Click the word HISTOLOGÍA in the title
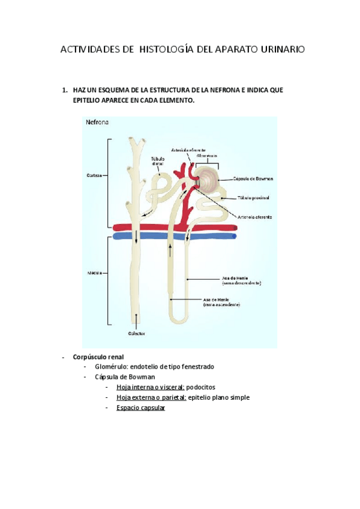coord(166,50)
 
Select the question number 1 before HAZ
coord(64,90)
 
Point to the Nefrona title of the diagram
coord(97,122)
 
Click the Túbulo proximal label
coord(253,197)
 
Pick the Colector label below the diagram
coord(137,333)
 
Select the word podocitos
coord(200,387)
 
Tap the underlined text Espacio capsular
coord(140,408)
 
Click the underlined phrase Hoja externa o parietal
coord(151,397)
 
